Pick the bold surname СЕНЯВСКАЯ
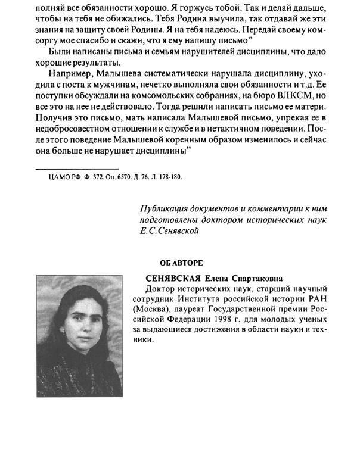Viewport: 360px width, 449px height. pos(177,278)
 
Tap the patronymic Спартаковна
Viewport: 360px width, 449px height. pos(260,278)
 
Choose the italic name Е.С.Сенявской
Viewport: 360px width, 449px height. pos(168,231)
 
